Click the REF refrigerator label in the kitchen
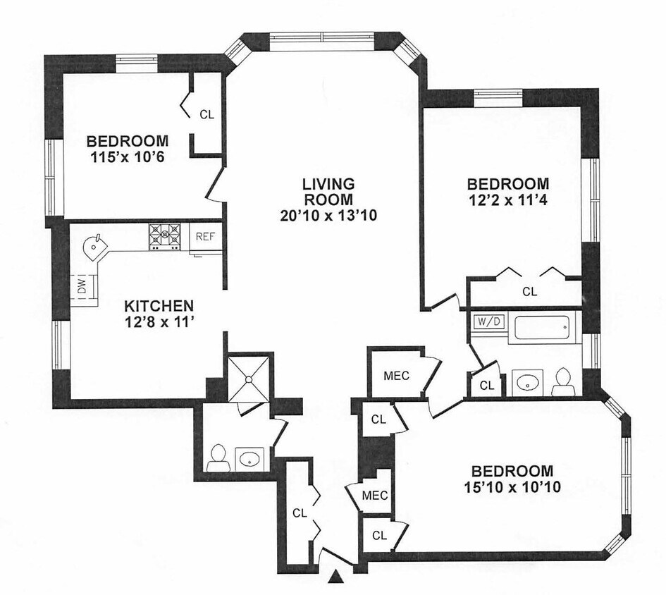pos(206,237)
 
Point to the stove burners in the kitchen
pos(164,236)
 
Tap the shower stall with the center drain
pos(249,379)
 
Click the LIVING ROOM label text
pos(328,191)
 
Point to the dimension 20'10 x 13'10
pos(328,216)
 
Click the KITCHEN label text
pos(159,305)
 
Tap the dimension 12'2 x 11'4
pos(507,200)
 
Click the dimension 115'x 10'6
pos(128,157)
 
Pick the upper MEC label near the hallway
pos(396,376)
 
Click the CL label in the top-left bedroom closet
pos(207,115)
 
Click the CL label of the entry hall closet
pos(300,513)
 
